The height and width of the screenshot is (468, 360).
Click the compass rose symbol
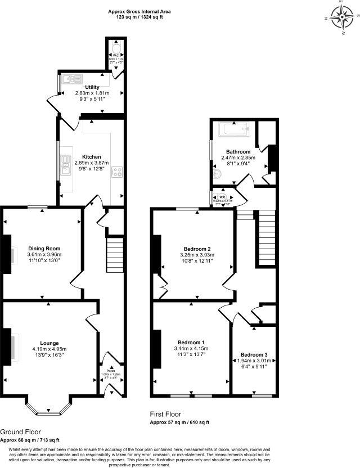(342, 17)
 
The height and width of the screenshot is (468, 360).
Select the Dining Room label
(44, 248)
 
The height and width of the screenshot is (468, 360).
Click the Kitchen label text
(91, 157)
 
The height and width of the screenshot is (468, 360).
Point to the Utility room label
(92, 87)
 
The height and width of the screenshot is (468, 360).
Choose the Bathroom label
(238, 152)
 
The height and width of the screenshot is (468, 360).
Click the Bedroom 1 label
(191, 342)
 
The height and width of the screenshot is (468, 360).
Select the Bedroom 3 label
(254, 355)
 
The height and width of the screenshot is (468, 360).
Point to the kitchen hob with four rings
(118, 172)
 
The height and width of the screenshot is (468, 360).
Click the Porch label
(107, 370)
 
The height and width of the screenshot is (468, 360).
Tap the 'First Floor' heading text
(166, 413)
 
